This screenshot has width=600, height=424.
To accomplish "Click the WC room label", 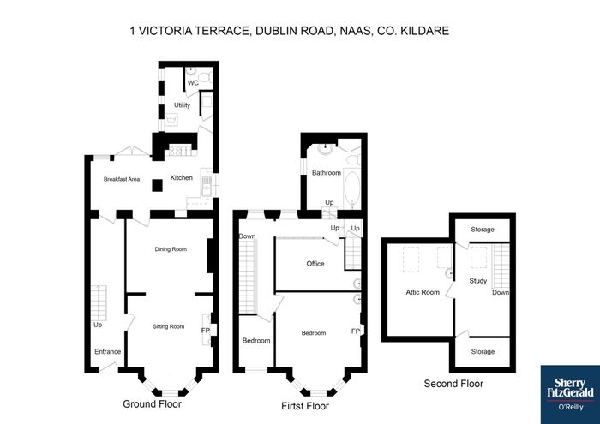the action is [193, 83].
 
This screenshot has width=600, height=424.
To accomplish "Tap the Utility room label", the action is [182, 105].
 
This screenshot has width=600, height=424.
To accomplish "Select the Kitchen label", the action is [182, 178].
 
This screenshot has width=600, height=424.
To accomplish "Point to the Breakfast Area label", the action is [122, 179].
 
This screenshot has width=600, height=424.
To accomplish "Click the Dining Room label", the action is [171, 249].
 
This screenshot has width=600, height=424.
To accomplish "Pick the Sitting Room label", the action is [169, 326].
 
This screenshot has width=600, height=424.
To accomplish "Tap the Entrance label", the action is [107, 352].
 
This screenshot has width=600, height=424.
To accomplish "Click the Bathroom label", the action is [327, 173].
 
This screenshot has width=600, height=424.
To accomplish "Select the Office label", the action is [315, 264].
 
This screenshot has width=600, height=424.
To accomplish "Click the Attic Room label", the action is [423, 292].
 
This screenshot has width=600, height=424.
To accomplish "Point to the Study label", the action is [478, 281].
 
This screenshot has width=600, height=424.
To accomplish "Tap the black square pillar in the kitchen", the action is [157, 185].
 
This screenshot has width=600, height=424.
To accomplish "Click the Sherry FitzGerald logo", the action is [570, 395].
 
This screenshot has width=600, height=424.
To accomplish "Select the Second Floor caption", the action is [453, 384].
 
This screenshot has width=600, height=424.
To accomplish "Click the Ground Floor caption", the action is [152, 403].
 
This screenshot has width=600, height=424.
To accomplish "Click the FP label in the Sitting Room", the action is [206, 331].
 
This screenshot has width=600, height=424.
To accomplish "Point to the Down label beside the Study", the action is [501, 292].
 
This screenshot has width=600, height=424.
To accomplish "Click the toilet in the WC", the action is [205, 77].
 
